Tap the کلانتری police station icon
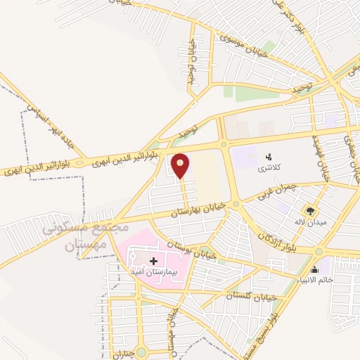(x=267, y=156)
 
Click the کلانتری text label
(x=267, y=169)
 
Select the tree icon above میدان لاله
(x=309, y=210)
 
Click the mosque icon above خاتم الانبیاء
(x=314, y=269)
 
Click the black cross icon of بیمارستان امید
(x=153, y=261)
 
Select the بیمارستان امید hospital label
(x=153, y=271)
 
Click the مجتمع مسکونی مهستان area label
(x=86, y=237)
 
